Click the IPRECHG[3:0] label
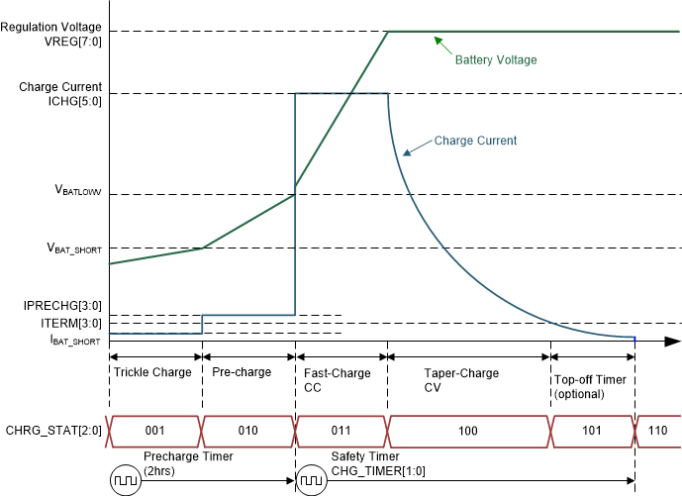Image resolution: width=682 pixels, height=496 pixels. coord(64,306)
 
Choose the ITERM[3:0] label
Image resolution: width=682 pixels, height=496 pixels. coord(74,323)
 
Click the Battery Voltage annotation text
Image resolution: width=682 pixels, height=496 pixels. coord(495,60)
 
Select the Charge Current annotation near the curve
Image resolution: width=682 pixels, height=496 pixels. coord(475,141)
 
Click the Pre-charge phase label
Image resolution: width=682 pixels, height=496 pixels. coord(241,373)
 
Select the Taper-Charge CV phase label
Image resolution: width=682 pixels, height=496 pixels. coord(461,380)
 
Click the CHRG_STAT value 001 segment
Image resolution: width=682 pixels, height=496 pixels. coord(154,432)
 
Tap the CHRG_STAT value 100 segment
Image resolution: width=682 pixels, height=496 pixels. coord(468,432)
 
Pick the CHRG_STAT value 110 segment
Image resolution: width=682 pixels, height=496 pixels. coord(658,432)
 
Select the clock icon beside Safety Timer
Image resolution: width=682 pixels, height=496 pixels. coord(312,480)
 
